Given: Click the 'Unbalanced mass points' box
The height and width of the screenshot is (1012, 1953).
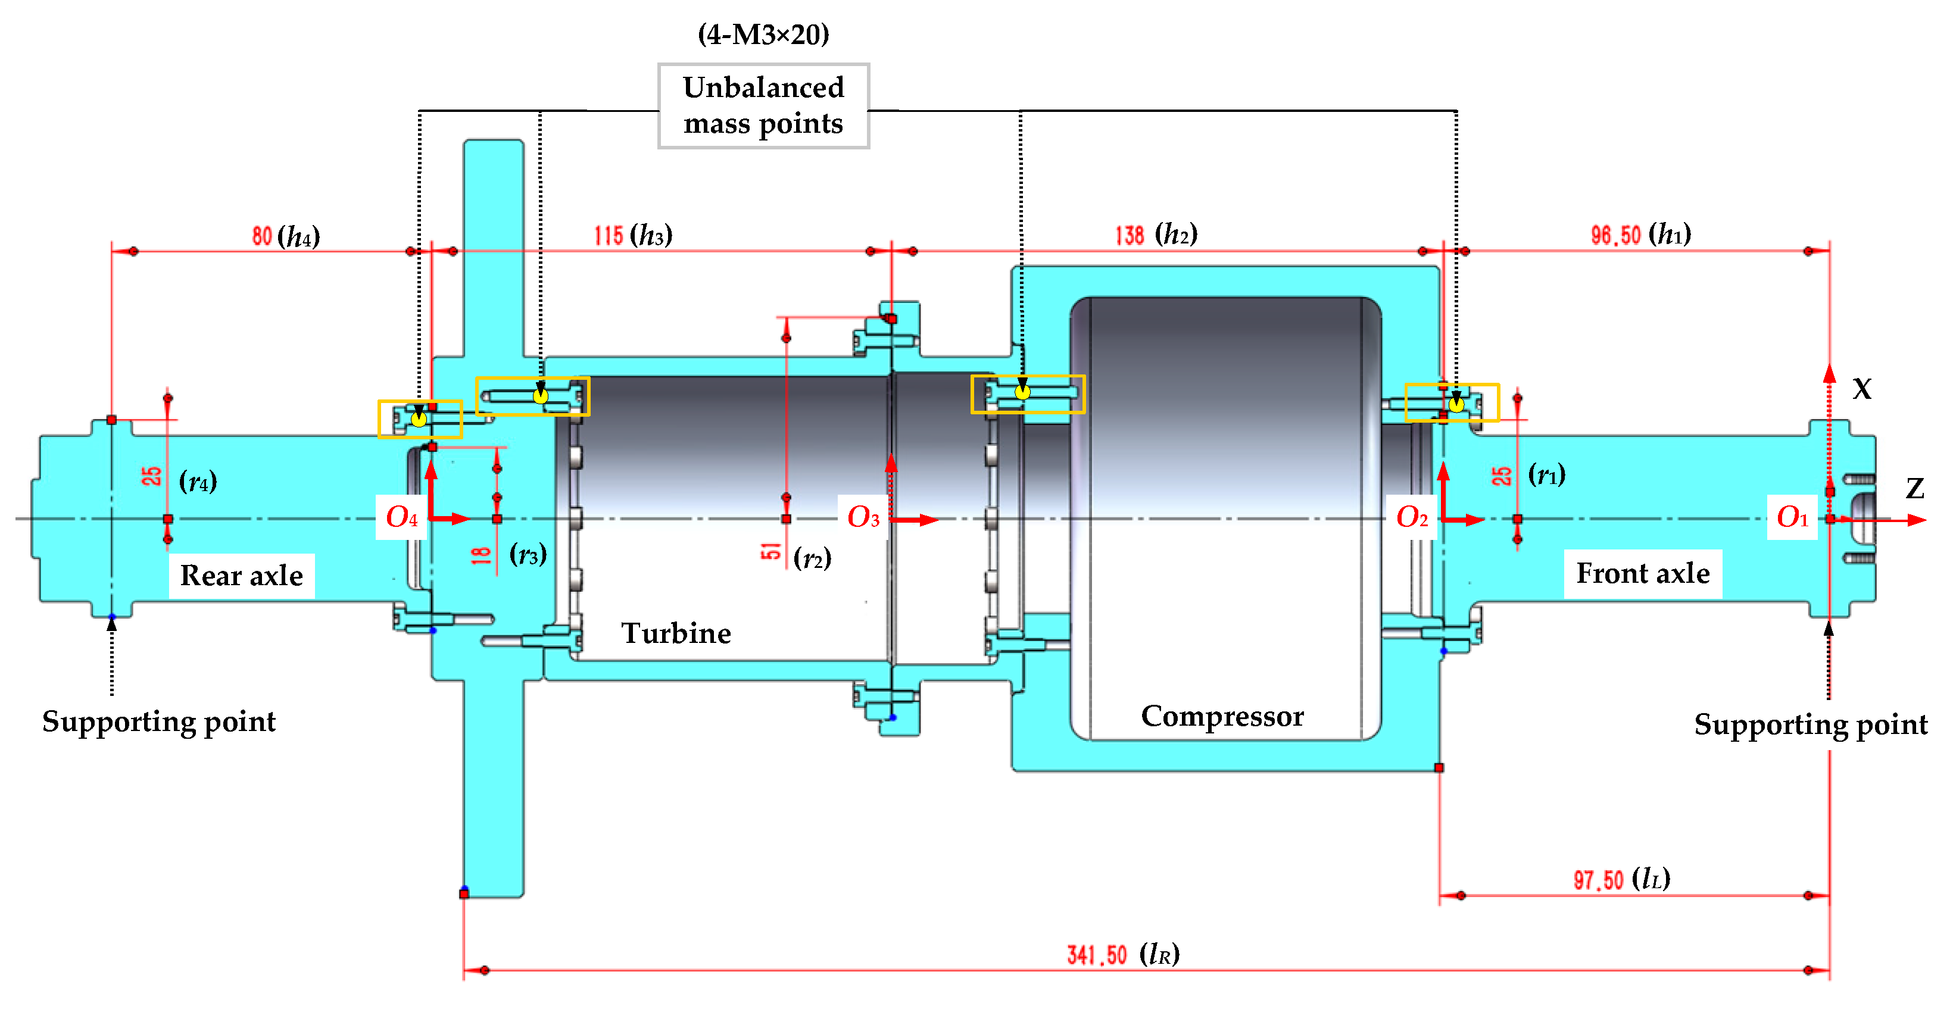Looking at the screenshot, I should coord(763,105).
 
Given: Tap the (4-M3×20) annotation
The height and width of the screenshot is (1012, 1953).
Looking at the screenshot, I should coord(763,34).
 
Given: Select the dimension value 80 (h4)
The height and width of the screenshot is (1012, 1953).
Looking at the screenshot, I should coord(285,236).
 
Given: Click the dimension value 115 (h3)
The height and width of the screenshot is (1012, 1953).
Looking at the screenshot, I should coord(632,235).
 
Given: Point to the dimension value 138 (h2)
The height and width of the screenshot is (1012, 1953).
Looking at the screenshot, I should coord(1155,234).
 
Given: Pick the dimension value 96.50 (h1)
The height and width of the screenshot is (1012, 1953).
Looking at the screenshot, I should coord(1640,234).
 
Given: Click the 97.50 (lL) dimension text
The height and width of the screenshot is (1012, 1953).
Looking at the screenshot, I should coord(1621,879).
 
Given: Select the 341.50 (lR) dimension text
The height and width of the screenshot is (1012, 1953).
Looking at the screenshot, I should coord(1122,954).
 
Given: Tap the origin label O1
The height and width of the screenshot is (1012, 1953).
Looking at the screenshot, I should coord(1792,517).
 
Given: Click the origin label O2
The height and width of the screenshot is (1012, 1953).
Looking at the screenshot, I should coord(1411,517).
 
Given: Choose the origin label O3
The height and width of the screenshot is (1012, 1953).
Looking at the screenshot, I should coord(863,517).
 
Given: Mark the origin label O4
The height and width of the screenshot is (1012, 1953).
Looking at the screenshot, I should coord(401,517).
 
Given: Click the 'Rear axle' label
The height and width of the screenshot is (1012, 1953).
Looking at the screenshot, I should coord(241,576).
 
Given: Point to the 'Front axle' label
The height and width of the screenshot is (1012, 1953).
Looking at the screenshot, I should coord(1642,573).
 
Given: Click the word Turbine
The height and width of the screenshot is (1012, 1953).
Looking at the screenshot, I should coord(676,633).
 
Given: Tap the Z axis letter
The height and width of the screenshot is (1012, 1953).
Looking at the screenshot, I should coord(1914,488).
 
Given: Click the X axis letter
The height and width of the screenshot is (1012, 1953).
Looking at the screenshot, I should coord(1861,389).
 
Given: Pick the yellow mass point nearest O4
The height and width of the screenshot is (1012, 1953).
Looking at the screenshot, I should coord(419,418).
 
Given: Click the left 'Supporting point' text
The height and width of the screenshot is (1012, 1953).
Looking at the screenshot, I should coord(158,721).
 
